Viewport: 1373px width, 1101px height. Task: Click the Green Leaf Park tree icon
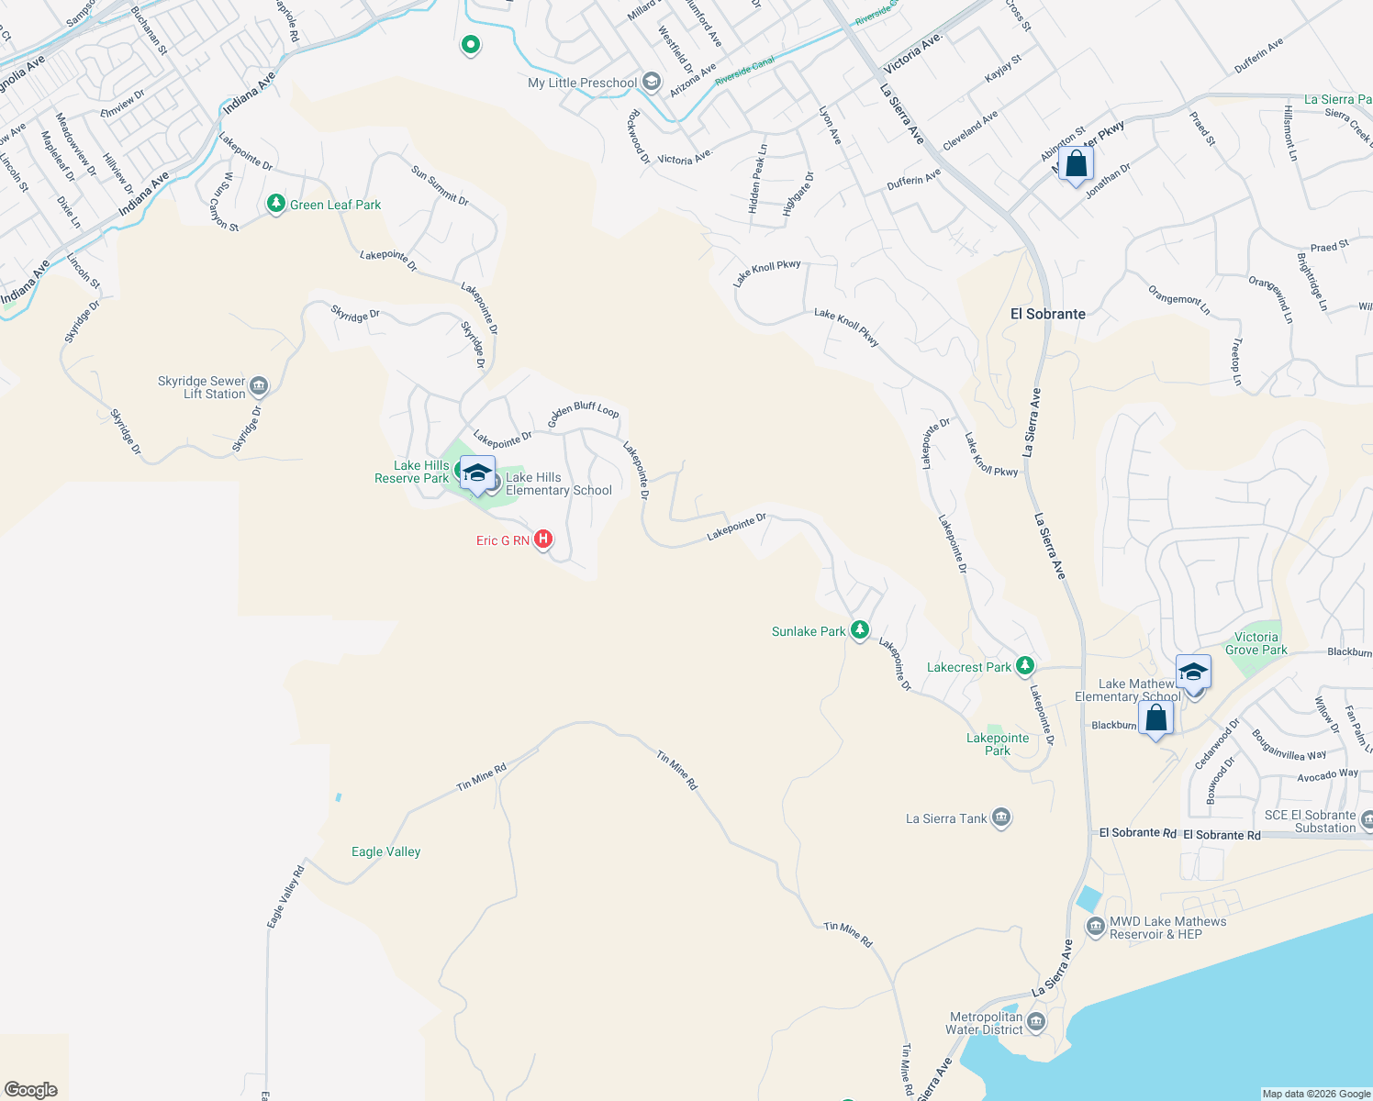(276, 204)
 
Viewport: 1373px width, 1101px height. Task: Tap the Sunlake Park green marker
(859, 630)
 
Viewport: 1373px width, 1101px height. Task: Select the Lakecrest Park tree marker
(1025, 667)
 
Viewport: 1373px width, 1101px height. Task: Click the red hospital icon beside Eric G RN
(543, 539)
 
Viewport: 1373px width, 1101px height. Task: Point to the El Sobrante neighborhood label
(1047, 314)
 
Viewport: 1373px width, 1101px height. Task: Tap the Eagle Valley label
(385, 851)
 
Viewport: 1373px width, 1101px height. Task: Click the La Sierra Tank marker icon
(1001, 818)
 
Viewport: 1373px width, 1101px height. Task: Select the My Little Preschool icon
(651, 83)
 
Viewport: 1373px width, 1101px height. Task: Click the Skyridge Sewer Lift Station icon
(259, 386)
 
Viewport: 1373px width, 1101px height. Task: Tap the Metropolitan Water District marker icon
(1036, 1022)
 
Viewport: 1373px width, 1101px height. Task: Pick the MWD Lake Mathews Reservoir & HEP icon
(1095, 928)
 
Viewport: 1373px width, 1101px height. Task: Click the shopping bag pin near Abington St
(1076, 165)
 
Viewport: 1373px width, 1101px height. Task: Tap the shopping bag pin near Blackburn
(1156, 718)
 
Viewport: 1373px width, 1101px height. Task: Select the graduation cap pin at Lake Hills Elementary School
(477, 473)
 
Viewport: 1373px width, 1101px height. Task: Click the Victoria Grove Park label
(1256, 643)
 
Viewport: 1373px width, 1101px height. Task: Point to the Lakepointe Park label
(998, 744)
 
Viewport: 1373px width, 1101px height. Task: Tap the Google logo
(31, 1089)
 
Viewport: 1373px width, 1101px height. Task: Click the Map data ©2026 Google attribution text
(1316, 1094)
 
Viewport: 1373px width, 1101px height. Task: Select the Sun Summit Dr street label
(440, 186)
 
